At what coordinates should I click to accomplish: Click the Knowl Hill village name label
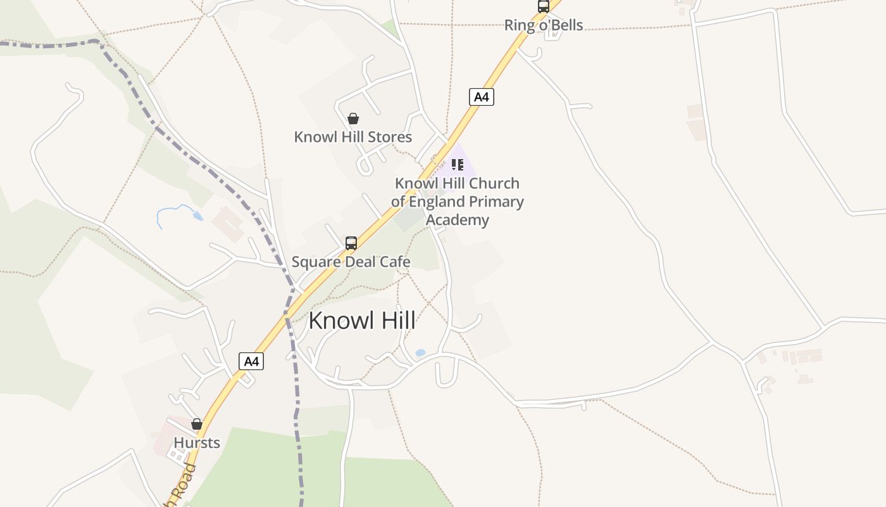(x=362, y=321)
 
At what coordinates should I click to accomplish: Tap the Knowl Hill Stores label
(x=353, y=137)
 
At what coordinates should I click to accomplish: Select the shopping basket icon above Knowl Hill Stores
(x=353, y=119)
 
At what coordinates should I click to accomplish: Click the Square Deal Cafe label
(x=351, y=262)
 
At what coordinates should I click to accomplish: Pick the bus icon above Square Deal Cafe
(x=351, y=243)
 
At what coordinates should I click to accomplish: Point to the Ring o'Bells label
(x=543, y=25)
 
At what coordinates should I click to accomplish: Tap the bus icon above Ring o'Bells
(x=543, y=6)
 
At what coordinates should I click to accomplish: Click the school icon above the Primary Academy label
(x=458, y=165)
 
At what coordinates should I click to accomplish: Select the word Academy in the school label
(x=458, y=220)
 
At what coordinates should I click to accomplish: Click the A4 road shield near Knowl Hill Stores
(x=482, y=97)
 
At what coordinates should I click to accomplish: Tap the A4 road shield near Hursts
(x=251, y=361)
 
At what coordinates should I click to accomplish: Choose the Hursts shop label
(x=197, y=442)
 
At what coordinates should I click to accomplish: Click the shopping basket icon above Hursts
(x=197, y=424)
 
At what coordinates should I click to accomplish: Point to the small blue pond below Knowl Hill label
(x=420, y=353)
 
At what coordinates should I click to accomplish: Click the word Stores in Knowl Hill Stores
(x=392, y=137)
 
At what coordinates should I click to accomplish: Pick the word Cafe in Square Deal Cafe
(x=395, y=262)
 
